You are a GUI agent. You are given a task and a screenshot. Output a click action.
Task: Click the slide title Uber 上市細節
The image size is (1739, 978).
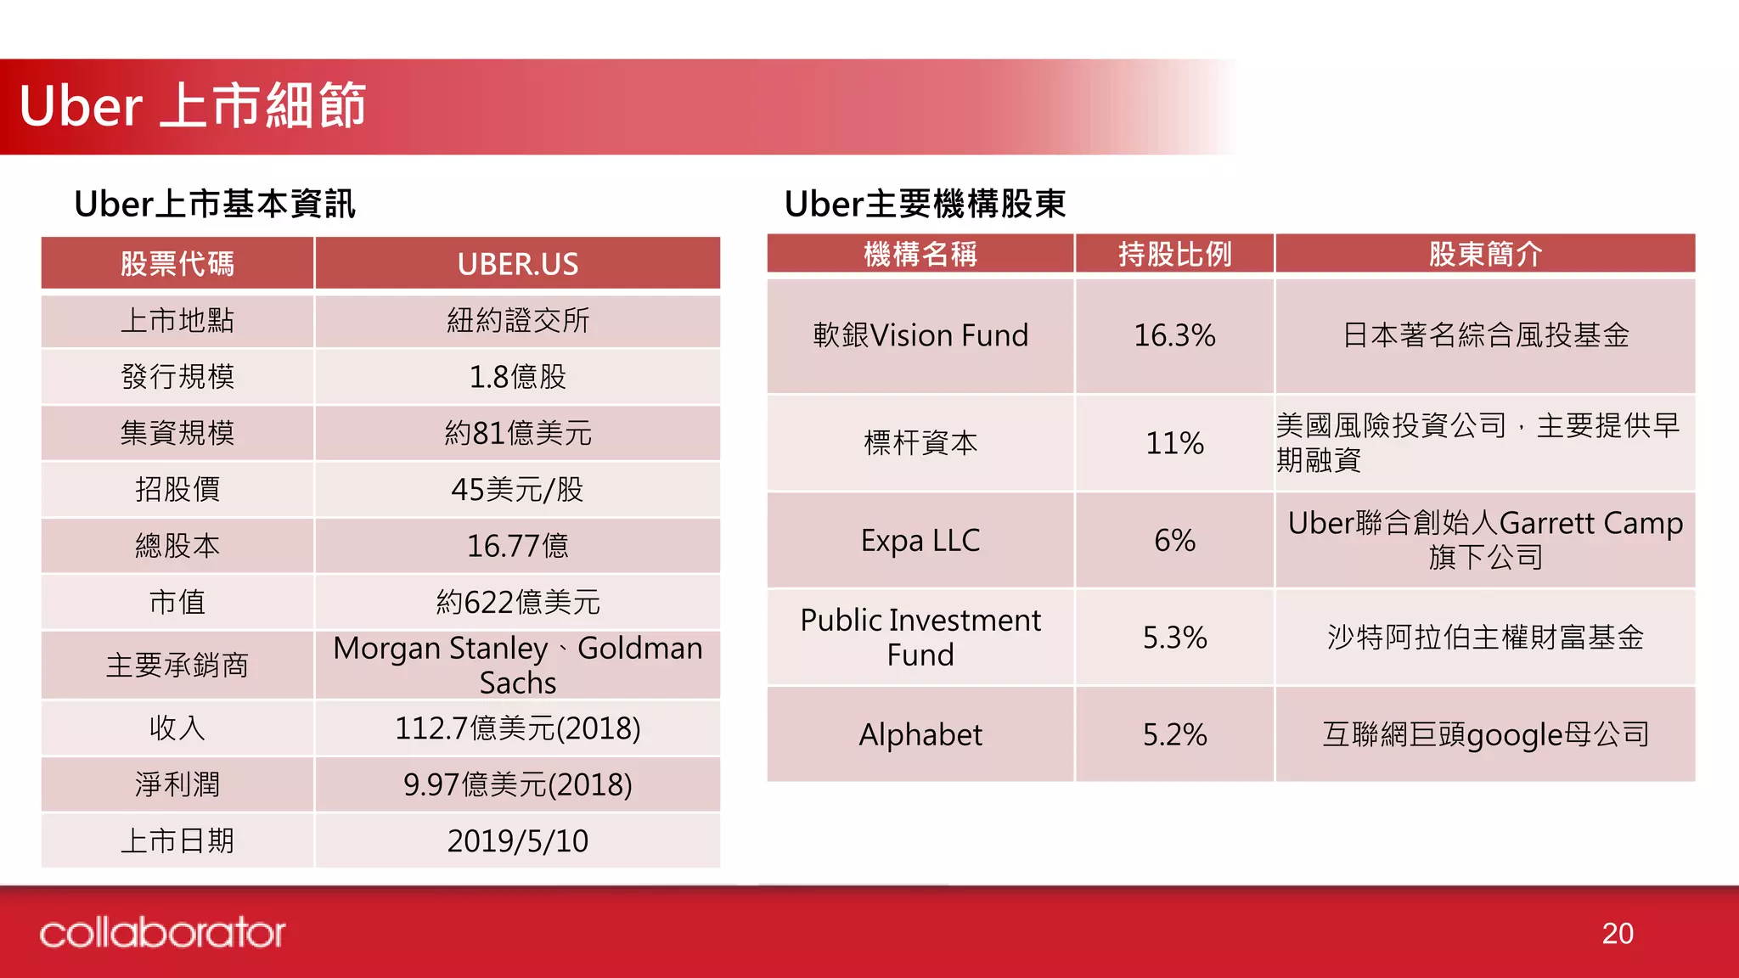(x=193, y=106)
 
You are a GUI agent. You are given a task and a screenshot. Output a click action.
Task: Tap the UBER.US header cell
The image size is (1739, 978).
(x=517, y=264)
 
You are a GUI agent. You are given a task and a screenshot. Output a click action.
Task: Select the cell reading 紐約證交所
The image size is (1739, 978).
(x=517, y=321)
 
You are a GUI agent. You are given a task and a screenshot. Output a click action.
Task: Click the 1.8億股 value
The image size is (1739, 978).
(x=517, y=377)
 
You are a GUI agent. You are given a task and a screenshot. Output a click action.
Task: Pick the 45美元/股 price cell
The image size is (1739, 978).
(x=517, y=490)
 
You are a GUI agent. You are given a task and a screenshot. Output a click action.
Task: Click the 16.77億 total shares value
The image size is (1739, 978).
(x=517, y=546)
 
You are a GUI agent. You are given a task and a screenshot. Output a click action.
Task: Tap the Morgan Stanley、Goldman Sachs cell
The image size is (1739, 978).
(x=517, y=665)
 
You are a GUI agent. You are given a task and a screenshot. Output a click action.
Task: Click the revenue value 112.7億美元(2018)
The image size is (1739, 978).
(x=517, y=728)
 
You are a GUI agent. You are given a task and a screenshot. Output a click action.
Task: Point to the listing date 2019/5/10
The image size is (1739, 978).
(x=517, y=841)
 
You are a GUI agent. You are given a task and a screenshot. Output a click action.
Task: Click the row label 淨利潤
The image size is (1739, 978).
(x=177, y=784)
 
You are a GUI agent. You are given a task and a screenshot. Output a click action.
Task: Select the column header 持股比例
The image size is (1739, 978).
(x=1174, y=254)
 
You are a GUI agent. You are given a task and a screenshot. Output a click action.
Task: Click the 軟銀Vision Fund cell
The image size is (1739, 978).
(x=920, y=335)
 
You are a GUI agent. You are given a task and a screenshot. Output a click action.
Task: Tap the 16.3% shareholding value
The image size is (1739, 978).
(x=1174, y=335)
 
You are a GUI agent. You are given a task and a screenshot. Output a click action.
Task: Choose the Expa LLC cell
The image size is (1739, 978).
(x=920, y=541)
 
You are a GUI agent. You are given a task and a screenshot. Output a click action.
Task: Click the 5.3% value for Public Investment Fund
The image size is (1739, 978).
(x=1174, y=638)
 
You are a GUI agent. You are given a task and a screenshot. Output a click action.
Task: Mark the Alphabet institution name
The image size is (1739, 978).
(x=920, y=734)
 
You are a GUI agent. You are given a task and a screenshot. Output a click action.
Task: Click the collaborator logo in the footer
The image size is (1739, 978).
(x=162, y=933)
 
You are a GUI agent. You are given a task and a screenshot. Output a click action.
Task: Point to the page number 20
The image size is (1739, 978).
(x=1617, y=934)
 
